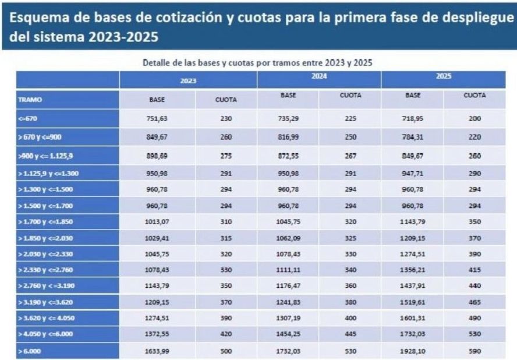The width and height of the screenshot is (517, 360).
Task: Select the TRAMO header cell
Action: tap(31, 100)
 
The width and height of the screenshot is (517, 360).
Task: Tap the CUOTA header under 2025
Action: tap(474, 94)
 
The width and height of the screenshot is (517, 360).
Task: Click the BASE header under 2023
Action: tap(157, 100)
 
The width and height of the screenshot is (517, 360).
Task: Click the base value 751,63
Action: tap(157, 118)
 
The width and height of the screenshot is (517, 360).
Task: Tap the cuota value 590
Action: tap(474, 351)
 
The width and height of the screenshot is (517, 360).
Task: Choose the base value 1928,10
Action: tap(412, 351)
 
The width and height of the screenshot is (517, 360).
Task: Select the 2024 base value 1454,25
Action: tap(288, 334)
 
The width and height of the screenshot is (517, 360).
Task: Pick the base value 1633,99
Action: tap(157, 351)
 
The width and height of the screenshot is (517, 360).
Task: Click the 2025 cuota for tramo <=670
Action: tap(474, 118)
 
